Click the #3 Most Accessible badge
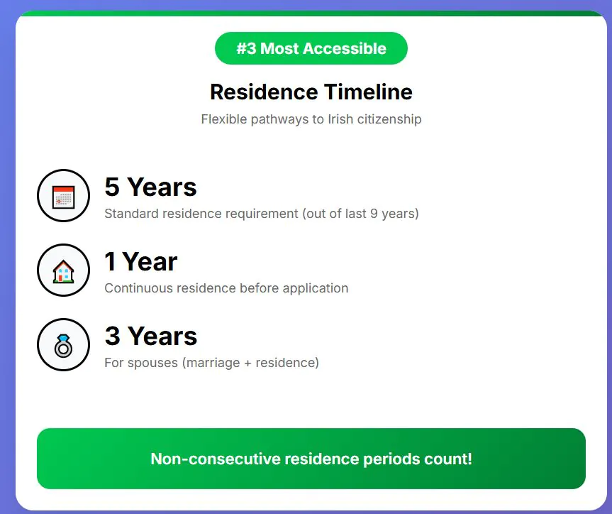click(x=311, y=48)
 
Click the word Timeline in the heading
click(x=368, y=92)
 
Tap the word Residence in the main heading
click(x=264, y=92)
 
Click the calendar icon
click(x=63, y=197)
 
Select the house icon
click(x=63, y=271)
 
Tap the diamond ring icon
click(x=63, y=346)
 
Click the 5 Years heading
click(x=150, y=187)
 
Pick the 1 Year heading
click(x=141, y=261)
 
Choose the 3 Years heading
click(x=151, y=336)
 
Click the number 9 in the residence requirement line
click(x=374, y=214)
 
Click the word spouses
click(x=152, y=363)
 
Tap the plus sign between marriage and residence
click(x=247, y=363)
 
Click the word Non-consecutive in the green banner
click(x=216, y=459)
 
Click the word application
click(x=316, y=288)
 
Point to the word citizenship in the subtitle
click(x=389, y=119)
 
